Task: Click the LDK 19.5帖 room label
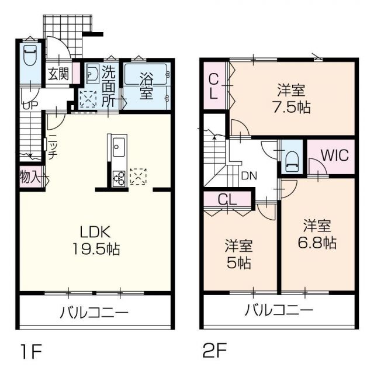coord(97,240)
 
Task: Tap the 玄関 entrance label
coord(58,74)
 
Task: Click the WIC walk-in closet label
coord(334,156)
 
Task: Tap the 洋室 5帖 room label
coord(239,254)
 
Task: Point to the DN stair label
coord(248,175)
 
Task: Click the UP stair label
coord(29,106)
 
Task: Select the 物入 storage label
coord(29,177)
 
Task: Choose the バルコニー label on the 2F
coord(279,309)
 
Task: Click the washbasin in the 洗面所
coord(92,74)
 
